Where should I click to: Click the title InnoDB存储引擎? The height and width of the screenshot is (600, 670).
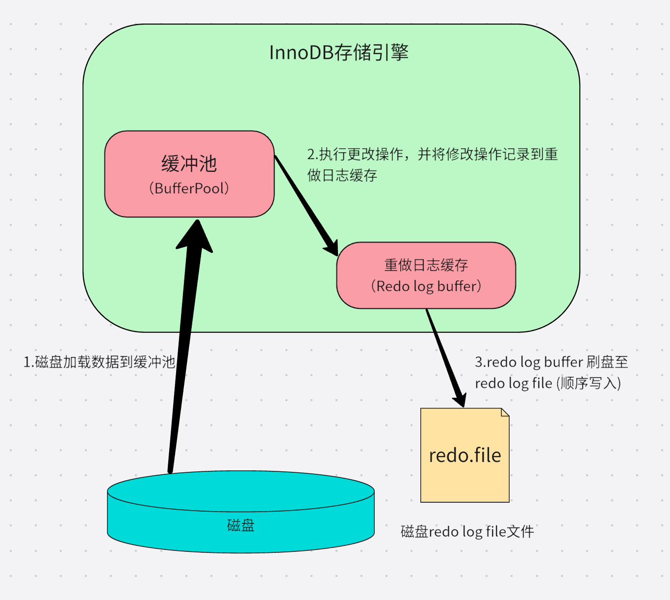tap(339, 53)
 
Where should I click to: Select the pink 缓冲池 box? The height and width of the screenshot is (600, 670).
tap(189, 147)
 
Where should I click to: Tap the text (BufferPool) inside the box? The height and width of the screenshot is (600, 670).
tap(189, 189)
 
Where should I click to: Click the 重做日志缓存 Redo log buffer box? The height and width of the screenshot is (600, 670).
tap(426, 300)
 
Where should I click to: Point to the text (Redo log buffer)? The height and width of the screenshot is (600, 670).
tap(426, 286)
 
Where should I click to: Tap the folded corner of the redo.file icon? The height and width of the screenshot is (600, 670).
tap(505, 412)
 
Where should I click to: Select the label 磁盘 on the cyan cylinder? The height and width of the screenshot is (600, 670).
tap(241, 525)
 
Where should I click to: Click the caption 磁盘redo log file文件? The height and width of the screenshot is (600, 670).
tap(467, 532)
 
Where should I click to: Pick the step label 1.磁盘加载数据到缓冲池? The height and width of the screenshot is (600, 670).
tap(100, 362)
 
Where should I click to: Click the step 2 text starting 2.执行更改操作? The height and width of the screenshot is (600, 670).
tap(432, 155)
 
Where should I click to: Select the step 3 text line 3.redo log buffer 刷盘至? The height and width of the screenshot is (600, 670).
tap(551, 362)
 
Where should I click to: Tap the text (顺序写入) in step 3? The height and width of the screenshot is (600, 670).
tap(589, 383)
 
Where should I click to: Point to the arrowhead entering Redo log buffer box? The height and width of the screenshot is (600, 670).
tap(331, 246)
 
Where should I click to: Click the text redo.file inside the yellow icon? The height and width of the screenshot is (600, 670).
tap(465, 456)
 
